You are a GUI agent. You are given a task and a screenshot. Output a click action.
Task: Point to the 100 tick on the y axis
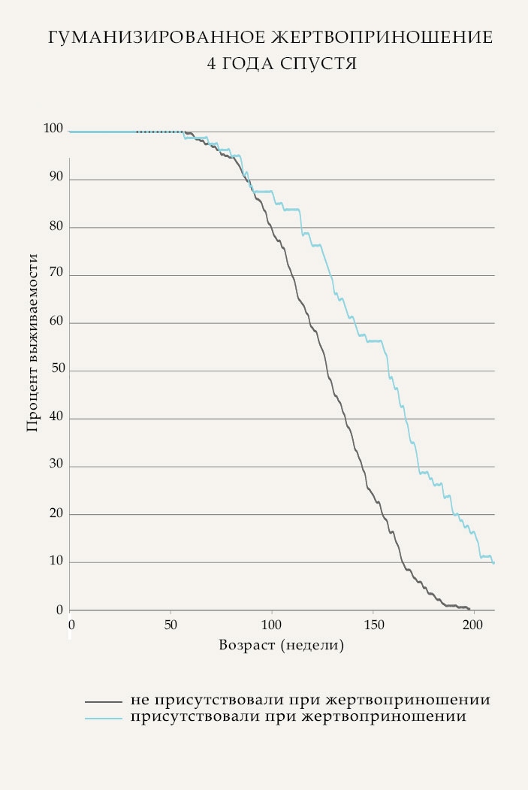click(x=54, y=129)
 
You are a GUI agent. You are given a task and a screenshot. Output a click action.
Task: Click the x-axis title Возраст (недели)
click(x=282, y=645)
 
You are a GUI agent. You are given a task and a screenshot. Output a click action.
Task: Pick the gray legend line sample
click(x=103, y=701)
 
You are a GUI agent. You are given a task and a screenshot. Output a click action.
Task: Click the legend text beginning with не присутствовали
click(x=310, y=700)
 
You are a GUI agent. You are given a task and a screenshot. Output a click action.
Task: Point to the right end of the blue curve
click(x=493, y=562)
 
